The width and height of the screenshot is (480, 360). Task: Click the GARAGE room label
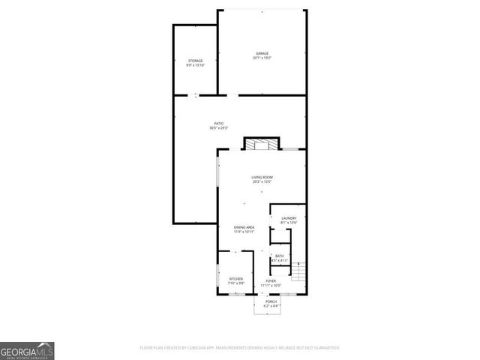pyautogui.click(x=262, y=53)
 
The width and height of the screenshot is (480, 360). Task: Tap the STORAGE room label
pyautogui.click(x=196, y=60)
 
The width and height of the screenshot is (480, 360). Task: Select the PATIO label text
pyautogui.click(x=218, y=124)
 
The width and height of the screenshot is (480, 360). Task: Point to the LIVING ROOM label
pyautogui.click(x=261, y=177)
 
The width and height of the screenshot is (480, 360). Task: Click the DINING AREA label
pyautogui.click(x=244, y=227)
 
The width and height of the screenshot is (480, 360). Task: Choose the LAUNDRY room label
pyautogui.click(x=289, y=218)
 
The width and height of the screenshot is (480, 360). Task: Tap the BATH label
pyautogui.click(x=280, y=256)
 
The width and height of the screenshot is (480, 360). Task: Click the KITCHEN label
pyautogui.click(x=235, y=279)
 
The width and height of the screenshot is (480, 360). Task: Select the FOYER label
pyautogui.click(x=270, y=280)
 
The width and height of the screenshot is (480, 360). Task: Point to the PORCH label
pyautogui.click(x=271, y=301)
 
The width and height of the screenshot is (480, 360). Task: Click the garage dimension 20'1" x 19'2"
pyautogui.click(x=262, y=58)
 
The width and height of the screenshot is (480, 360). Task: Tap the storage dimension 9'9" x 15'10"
pyautogui.click(x=196, y=65)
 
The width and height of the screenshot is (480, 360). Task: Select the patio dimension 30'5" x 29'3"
pyautogui.click(x=218, y=128)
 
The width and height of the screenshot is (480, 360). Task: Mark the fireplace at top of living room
pyautogui.click(x=261, y=144)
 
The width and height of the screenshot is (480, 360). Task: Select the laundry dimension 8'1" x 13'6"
pyautogui.click(x=289, y=223)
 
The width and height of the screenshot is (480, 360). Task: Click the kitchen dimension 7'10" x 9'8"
pyautogui.click(x=235, y=283)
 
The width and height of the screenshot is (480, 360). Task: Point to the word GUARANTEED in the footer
pyautogui.click(x=324, y=348)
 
